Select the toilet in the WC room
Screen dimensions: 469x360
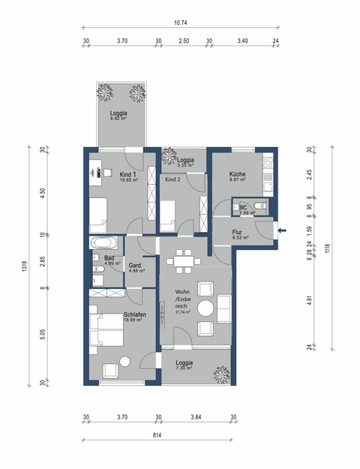[258, 208]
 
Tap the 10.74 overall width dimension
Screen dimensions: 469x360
[180, 23]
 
